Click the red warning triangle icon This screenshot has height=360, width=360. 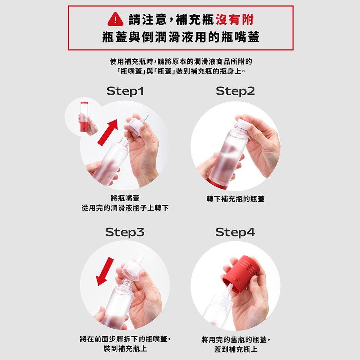coord(116,19)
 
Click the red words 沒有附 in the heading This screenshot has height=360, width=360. coord(235,19)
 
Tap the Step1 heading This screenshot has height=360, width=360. coord(125,91)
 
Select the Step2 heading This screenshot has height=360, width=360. coord(235,91)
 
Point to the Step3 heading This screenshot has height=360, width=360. coord(125,232)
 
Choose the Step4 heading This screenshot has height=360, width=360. coord(235,232)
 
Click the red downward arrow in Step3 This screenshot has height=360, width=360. coord(104,271)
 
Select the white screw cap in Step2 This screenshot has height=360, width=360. coord(243,124)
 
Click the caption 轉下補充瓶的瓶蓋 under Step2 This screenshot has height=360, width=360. coord(235,199)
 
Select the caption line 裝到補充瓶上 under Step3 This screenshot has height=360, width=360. coord(125,348)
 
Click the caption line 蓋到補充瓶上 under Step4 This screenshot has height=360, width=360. coord(236,349)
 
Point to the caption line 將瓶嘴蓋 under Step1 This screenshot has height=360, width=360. coord(125,198)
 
